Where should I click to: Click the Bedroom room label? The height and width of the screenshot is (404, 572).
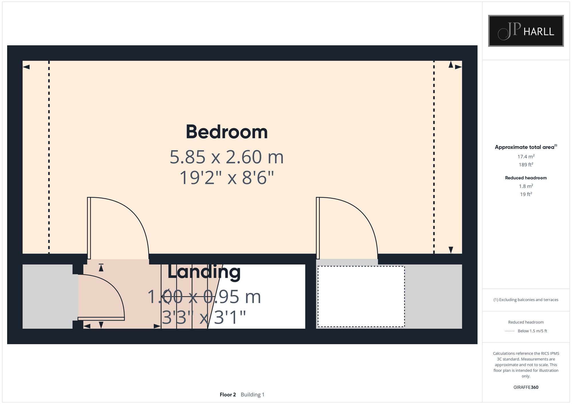coord(227,132)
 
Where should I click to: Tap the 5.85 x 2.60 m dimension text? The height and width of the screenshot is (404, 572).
coord(227,157)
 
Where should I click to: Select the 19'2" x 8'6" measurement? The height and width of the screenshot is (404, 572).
coord(227,178)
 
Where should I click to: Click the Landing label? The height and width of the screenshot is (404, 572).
coord(204,272)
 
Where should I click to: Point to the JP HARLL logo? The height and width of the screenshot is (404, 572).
coord(526,31)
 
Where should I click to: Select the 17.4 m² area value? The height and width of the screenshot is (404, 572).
coord(526,156)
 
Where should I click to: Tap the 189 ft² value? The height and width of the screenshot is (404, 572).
coord(526,165)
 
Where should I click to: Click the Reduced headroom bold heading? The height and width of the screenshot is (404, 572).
coord(526,178)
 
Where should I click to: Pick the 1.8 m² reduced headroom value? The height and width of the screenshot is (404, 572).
coord(526,186)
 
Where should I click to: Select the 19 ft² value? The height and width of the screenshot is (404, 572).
coord(526,194)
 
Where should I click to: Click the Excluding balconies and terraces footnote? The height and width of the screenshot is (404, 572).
coord(526,300)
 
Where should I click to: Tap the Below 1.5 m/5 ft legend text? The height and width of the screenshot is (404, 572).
coord(532,331)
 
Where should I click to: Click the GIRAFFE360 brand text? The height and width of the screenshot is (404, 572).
coord(526,387)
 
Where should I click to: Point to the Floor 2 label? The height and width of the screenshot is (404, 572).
coord(228,395)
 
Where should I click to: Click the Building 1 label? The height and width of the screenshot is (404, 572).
coord(253,395)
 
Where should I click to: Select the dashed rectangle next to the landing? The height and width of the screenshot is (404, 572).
coord(361,296)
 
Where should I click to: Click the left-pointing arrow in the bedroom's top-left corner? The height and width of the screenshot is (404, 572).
coord(26,67)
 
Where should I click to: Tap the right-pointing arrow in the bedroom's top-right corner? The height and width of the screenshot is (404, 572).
coord(458,67)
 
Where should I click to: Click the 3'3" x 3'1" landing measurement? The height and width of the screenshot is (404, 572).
coord(204,317)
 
